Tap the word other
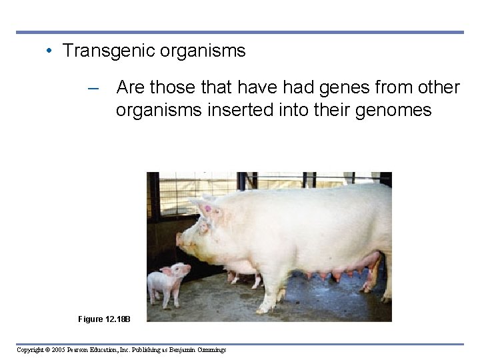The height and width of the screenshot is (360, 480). [x=437, y=88]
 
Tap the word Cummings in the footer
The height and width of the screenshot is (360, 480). [x=210, y=350]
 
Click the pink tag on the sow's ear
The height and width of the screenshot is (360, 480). [x=207, y=209]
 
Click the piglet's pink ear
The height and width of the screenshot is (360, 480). [x=167, y=271]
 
